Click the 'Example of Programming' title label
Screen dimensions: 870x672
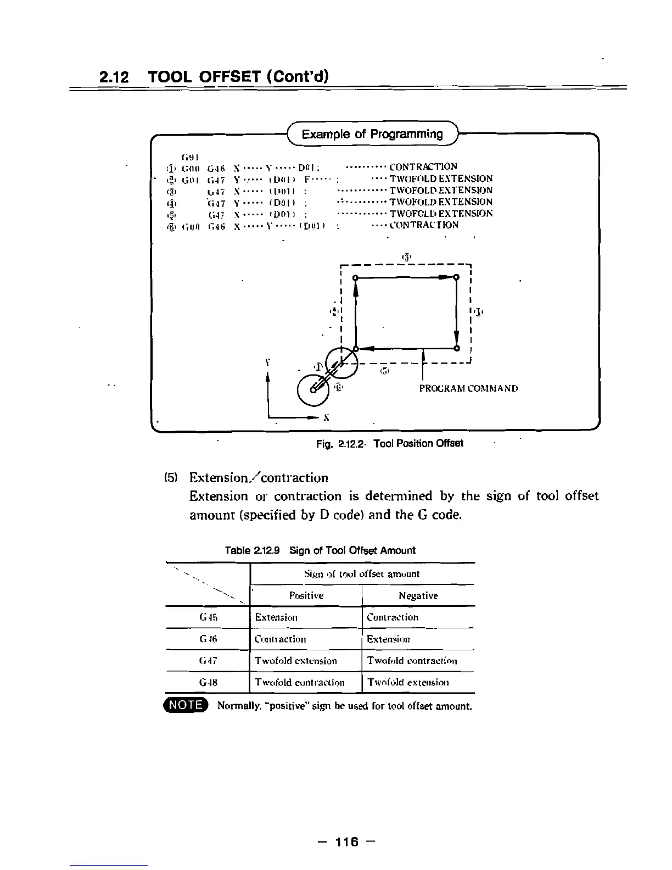tap(372, 134)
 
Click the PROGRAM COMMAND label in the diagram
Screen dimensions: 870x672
tap(468, 388)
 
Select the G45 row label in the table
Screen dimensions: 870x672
tap(209, 617)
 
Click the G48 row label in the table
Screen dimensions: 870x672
tap(209, 683)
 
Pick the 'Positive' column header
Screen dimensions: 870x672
tap(306, 596)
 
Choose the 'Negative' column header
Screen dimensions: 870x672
tap(418, 596)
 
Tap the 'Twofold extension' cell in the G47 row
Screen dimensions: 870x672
tap(296, 661)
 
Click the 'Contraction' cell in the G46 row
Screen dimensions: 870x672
tap(281, 639)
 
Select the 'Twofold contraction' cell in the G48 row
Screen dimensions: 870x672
tap(300, 683)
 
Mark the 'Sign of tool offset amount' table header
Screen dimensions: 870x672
tap(362, 574)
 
